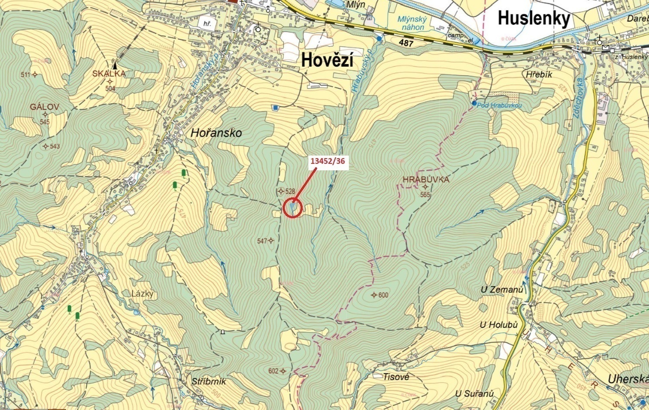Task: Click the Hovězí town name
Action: coord(327,60)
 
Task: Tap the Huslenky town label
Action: coord(534,19)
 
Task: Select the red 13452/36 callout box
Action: coord(328,161)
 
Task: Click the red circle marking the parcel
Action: coord(293,208)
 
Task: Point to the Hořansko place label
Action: coord(216,133)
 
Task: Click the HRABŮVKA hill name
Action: coord(426,179)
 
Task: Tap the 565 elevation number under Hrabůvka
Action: coord(425,195)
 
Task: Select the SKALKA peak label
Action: coord(109,74)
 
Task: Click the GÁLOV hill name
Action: coord(44,107)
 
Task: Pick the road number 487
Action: coord(406,43)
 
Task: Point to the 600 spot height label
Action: coord(383,295)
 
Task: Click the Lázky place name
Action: coord(143,294)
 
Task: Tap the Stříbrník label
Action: coord(209,381)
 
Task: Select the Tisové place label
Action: coord(396,377)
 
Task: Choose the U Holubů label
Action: coord(499,325)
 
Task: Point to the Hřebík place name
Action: coord(539,75)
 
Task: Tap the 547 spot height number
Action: coord(262,241)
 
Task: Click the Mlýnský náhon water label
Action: coord(412,23)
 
